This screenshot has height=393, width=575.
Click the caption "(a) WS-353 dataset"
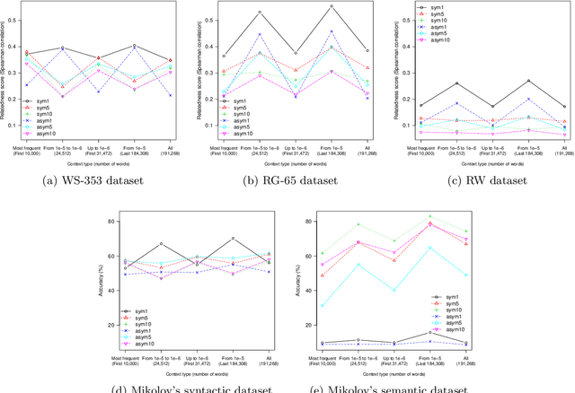pyautogui.click(x=90, y=179)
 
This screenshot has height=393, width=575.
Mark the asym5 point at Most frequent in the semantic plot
pyautogui.click(x=322, y=305)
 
